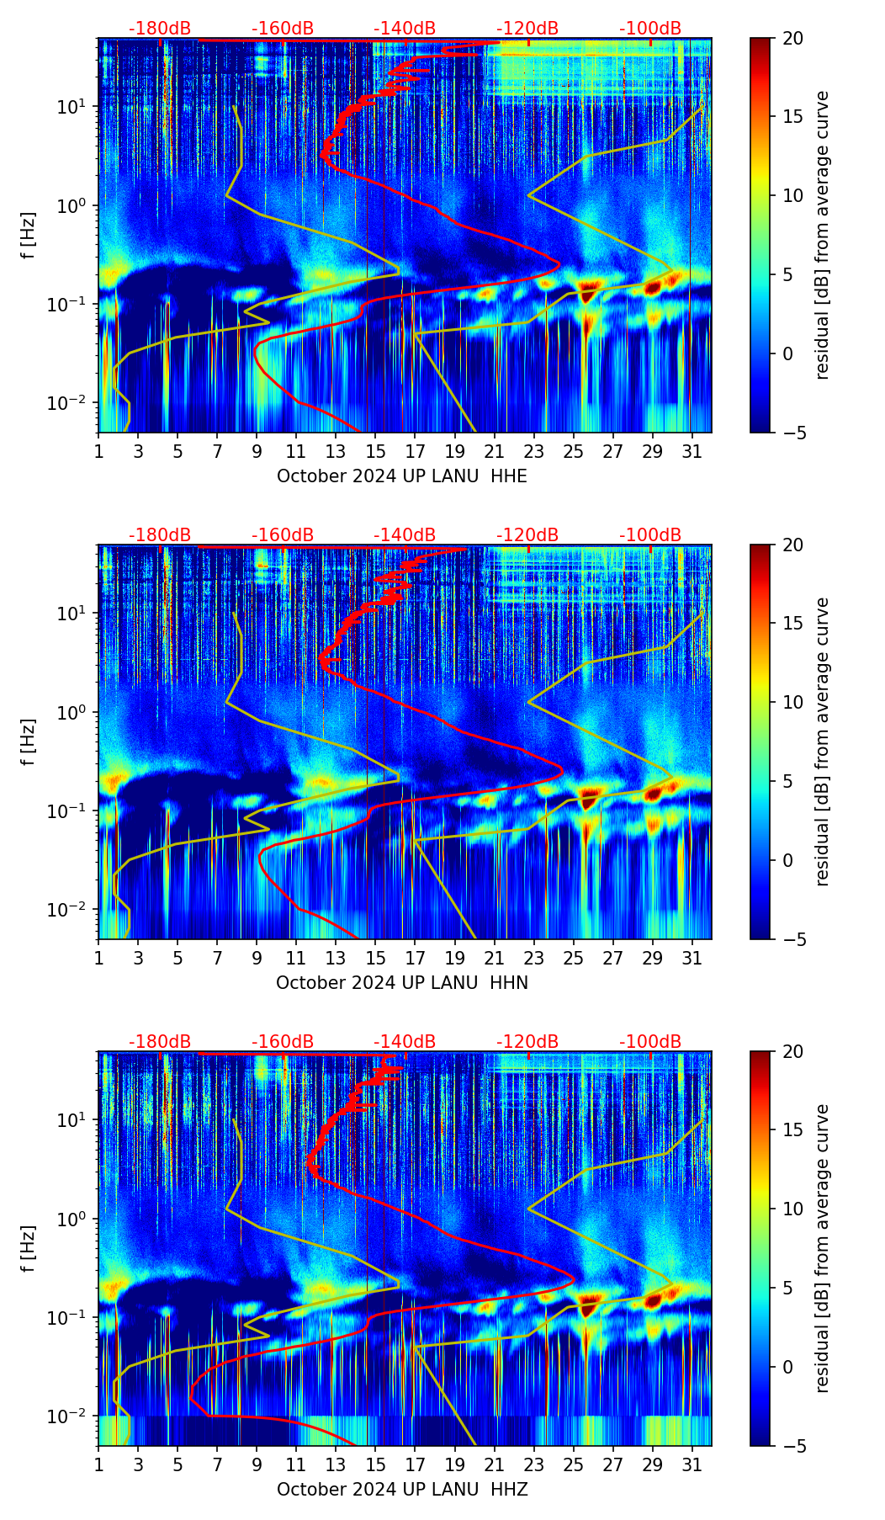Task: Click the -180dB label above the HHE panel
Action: (x=160, y=29)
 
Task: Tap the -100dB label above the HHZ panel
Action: (x=650, y=1042)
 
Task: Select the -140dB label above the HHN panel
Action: (x=405, y=535)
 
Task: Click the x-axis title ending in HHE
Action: (x=401, y=476)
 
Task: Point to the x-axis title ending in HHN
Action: (x=401, y=983)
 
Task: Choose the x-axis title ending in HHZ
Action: (x=401, y=1490)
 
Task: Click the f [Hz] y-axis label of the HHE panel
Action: (x=29, y=236)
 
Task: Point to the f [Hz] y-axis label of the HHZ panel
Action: (x=29, y=1249)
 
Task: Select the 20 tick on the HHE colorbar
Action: (x=792, y=39)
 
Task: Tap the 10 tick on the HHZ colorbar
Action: (x=792, y=1209)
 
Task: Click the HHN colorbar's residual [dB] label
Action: (x=822, y=741)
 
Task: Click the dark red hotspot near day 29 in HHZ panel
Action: (x=653, y=1301)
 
